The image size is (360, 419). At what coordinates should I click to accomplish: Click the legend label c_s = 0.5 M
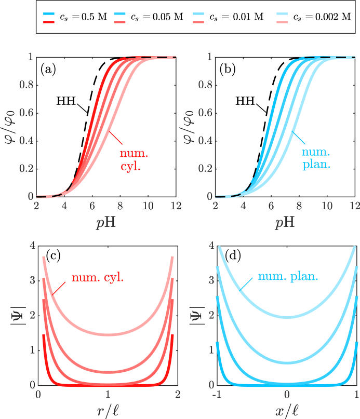(x=83, y=17)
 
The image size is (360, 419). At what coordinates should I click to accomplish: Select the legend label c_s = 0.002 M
(x=322, y=17)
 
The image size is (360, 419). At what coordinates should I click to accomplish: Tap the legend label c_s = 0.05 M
(x=157, y=17)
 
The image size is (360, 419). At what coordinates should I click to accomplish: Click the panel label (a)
(x=48, y=70)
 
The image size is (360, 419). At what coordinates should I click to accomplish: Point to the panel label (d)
(x=233, y=256)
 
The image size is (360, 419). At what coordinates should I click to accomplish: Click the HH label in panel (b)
(x=245, y=101)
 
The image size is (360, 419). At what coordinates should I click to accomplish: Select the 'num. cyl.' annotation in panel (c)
(x=98, y=278)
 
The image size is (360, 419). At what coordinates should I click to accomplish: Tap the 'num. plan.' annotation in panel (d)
(x=288, y=276)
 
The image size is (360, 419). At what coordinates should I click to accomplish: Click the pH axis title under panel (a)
(x=106, y=222)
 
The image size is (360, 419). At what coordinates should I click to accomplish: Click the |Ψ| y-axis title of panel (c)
(x=18, y=315)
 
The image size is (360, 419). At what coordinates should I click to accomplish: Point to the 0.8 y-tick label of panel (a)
(x=26, y=85)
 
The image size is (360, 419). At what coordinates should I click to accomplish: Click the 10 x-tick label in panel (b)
(x=327, y=206)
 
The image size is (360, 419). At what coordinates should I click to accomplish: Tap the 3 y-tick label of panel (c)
(x=33, y=280)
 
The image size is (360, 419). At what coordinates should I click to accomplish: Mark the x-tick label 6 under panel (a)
(x=92, y=206)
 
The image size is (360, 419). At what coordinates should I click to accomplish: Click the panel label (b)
(x=228, y=70)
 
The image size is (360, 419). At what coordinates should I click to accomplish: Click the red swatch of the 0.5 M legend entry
(x=49, y=21)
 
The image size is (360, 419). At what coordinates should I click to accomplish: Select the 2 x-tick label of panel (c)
(x=178, y=394)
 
